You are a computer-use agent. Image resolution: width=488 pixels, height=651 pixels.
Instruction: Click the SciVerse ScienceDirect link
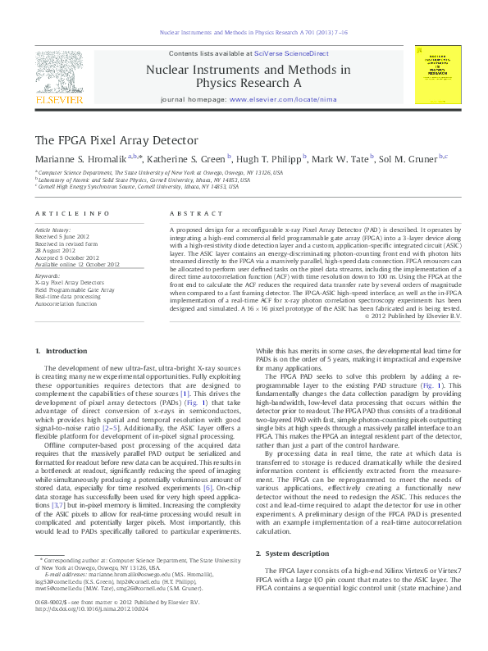pos(291,52)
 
